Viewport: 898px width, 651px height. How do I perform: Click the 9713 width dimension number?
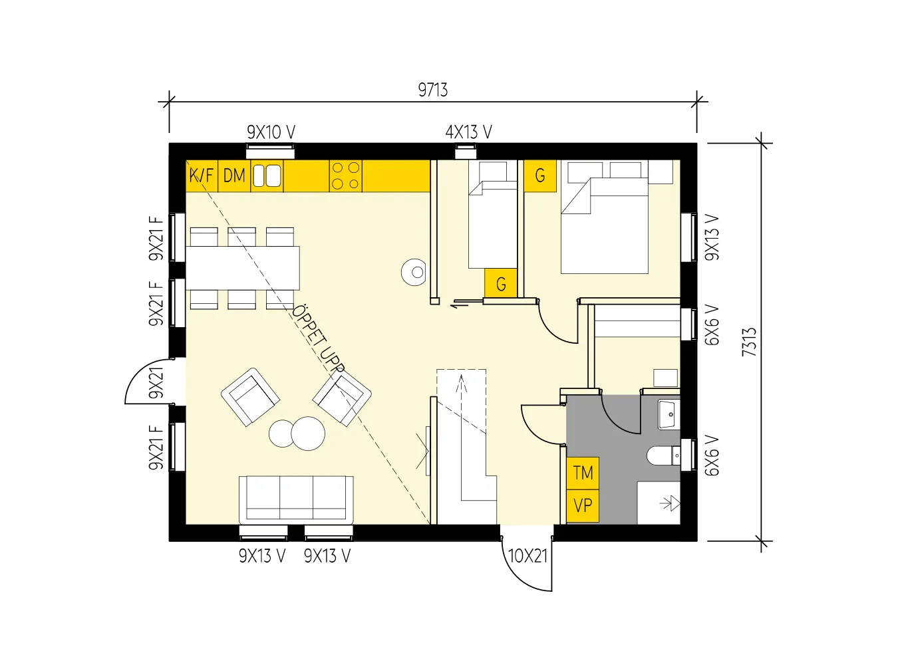[x=432, y=90]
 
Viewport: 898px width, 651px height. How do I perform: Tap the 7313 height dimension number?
[x=749, y=342]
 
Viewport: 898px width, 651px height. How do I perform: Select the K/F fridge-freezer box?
[x=202, y=176]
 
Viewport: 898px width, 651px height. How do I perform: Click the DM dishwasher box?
[x=234, y=176]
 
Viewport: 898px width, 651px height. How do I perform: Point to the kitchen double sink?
[x=267, y=176]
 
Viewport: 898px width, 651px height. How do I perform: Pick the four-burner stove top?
[x=346, y=176]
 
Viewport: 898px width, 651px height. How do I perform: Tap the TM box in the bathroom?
[x=583, y=473]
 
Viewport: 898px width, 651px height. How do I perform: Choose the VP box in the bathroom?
[x=583, y=506]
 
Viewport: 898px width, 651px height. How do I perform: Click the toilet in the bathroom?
[x=663, y=456]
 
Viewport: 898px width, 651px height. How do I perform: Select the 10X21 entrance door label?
[x=527, y=556]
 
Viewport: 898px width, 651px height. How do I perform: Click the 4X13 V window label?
[x=469, y=132]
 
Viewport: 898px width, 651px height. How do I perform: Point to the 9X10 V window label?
[x=271, y=132]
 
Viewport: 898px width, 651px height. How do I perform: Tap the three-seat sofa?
[x=296, y=499]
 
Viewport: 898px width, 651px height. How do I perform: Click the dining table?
[x=243, y=268]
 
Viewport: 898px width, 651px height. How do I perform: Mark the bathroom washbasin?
[x=669, y=414]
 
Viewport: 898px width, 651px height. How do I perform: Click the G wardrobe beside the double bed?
[x=540, y=176]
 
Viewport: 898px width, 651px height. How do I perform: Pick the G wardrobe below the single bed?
[x=501, y=284]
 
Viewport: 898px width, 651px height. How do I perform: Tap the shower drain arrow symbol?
[x=670, y=503]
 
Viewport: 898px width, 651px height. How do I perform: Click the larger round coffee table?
[x=308, y=434]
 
